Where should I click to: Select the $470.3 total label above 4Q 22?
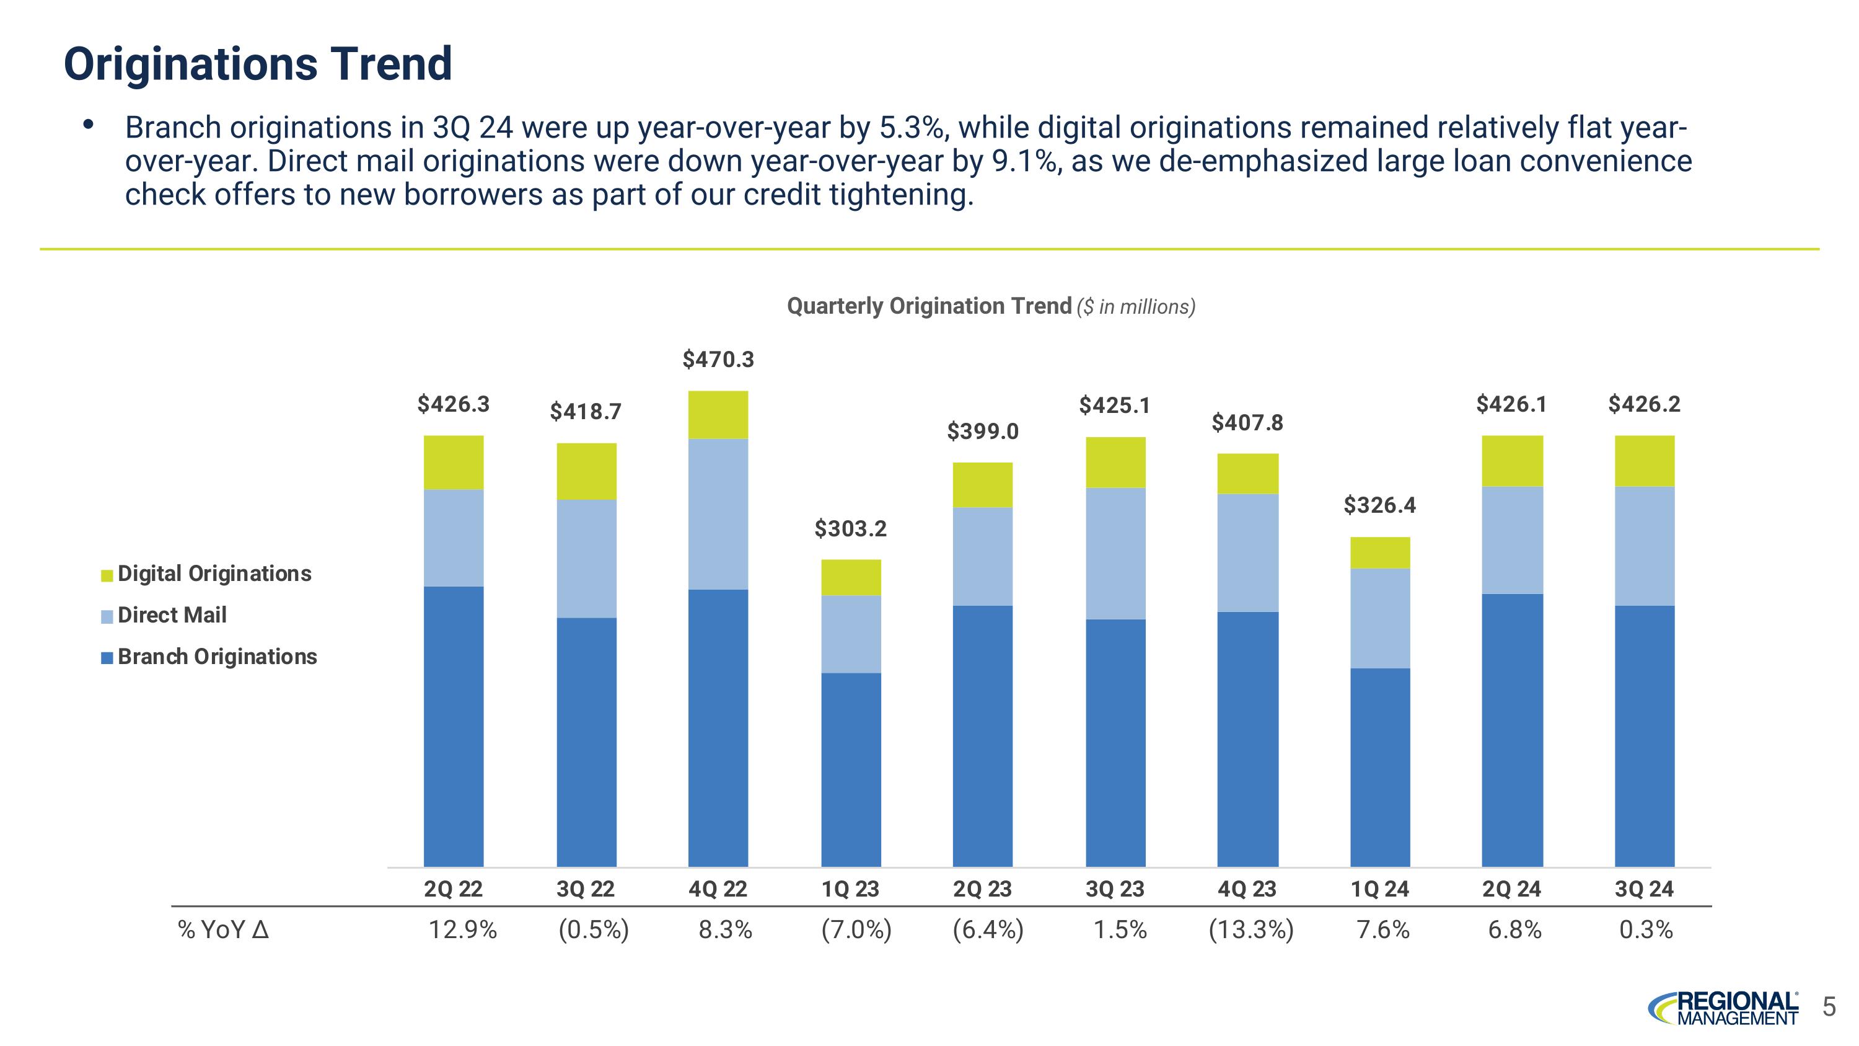(x=718, y=360)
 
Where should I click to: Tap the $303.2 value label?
(x=850, y=529)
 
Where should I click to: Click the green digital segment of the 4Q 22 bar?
(x=718, y=415)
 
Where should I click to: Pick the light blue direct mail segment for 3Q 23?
(x=1115, y=553)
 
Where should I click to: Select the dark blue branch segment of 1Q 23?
(x=851, y=769)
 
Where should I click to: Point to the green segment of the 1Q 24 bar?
(x=1380, y=553)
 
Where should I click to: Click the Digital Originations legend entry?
(x=214, y=574)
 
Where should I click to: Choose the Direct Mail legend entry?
(x=172, y=615)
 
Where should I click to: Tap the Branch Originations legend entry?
(x=216, y=657)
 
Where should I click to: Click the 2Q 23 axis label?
(x=982, y=889)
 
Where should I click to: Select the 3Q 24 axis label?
(x=1644, y=889)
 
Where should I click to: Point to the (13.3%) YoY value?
(x=1250, y=930)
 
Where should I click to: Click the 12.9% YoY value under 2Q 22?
(x=463, y=930)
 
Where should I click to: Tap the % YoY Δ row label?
(x=223, y=930)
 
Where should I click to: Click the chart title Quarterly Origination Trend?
(x=929, y=306)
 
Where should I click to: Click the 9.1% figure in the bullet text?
(x=1023, y=161)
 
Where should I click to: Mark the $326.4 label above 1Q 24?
(x=1380, y=505)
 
